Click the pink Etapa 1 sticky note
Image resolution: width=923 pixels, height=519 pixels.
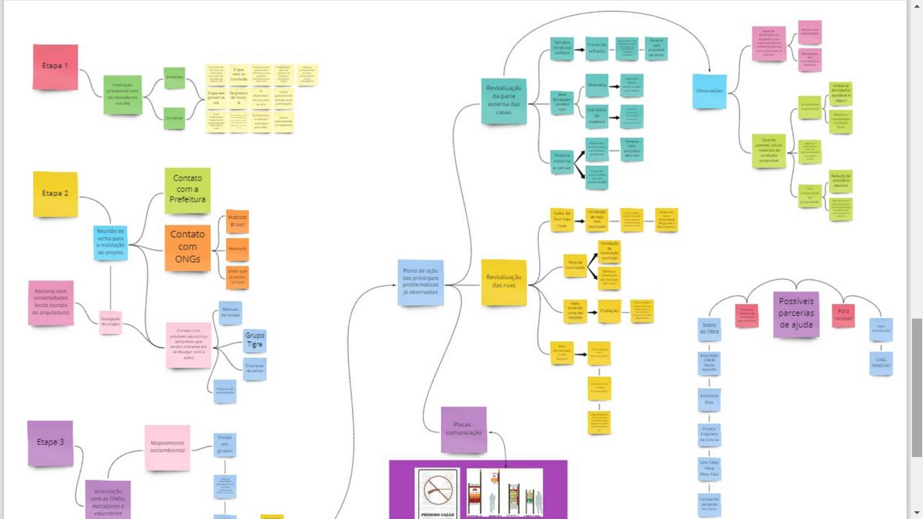click(x=55, y=67)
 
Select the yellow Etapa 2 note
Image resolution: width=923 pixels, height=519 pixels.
click(x=55, y=194)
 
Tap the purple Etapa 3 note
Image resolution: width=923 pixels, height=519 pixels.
click(x=50, y=443)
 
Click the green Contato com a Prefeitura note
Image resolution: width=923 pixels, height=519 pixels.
click(x=187, y=189)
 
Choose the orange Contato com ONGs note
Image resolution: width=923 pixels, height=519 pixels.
click(x=187, y=246)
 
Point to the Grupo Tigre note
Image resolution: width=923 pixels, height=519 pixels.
click(x=255, y=340)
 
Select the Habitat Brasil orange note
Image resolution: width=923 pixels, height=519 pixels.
click(x=238, y=222)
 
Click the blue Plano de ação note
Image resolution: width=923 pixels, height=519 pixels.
click(x=420, y=282)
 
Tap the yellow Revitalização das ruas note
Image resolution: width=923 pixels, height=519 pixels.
click(x=503, y=281)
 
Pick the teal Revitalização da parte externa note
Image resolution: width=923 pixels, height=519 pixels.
click(x=503, y=100)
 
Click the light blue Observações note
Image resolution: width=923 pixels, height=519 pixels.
click(x=709, y=91)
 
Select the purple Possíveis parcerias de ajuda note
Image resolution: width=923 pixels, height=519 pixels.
click(x=796, y=314)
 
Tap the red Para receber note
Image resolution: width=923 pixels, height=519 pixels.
click(x=843, y=315)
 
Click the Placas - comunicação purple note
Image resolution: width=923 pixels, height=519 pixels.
click(x=464, y=429)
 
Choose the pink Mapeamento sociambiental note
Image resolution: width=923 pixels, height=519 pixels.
click(x=168, y=447)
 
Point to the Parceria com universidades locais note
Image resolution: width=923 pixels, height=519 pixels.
click(x=51, y=302)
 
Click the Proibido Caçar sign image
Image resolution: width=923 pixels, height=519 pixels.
click(x=437, y=494)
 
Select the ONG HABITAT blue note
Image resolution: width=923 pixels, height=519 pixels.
click(x=881, y=363)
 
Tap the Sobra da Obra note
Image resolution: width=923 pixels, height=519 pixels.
click(x=709, y=328)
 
